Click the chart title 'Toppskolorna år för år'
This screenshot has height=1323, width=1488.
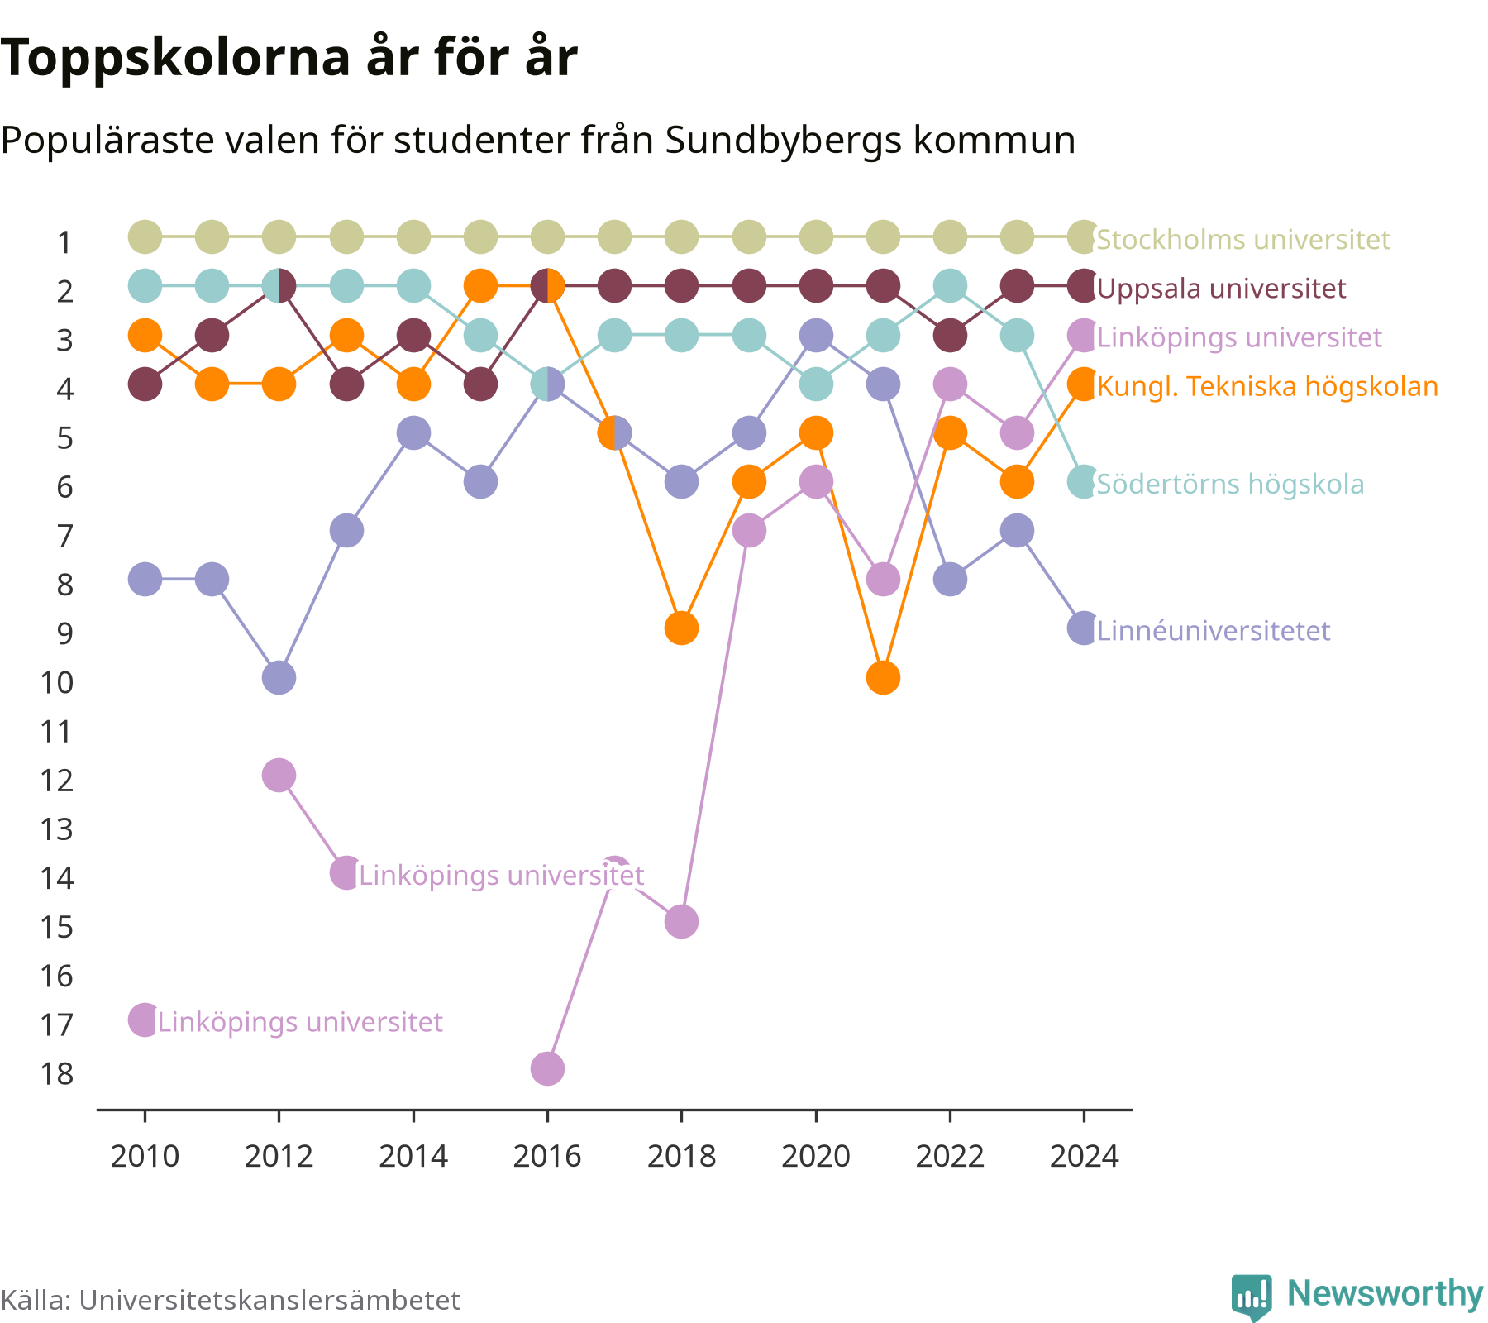click(289, 60)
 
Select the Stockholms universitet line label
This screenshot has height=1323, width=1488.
click(1243, 240)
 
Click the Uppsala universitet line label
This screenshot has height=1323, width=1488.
click(1221, 289)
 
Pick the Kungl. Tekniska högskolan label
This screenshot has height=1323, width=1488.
click(1267, 386)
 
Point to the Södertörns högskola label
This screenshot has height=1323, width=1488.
click(1230, 484)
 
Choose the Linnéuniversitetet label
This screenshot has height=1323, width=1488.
click(1214, 631)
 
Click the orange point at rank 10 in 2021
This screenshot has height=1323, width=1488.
click(883, 678)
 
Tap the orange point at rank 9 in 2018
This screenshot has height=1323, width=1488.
click(681, 629)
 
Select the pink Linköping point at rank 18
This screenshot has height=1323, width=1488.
click(547, 1069)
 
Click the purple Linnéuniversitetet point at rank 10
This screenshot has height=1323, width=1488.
click(279, 678)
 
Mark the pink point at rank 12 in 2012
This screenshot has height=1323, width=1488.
click(279, 776)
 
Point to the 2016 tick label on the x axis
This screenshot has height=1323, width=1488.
click(547, 1156)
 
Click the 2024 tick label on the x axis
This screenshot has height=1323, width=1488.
click(1084, 1156)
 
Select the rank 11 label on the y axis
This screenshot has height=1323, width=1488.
click(57, 732)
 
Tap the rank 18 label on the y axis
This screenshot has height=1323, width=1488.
click(57, 1074)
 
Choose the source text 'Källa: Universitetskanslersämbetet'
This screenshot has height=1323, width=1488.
click(231, 1300)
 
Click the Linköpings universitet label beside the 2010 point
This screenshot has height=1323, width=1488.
click(300, 1022)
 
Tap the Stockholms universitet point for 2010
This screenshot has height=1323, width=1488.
click(145, 237)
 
